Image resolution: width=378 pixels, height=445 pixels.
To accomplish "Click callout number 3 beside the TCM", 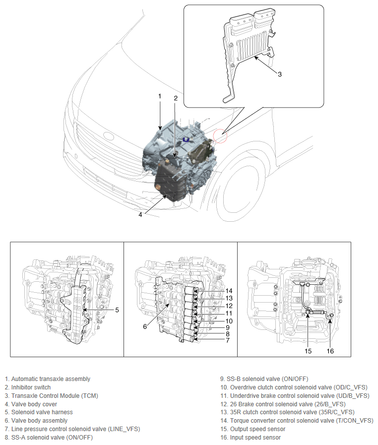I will coord(280,74).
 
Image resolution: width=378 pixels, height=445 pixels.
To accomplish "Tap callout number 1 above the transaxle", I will coord(160,96).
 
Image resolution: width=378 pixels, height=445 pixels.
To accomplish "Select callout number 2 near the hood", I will coord(175,98).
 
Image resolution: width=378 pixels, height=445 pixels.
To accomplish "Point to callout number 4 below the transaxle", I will coord(141,215).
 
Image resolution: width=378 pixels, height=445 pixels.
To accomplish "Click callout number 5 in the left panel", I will coord(117,310).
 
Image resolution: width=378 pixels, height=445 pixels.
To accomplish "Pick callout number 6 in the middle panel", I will coord(145,326).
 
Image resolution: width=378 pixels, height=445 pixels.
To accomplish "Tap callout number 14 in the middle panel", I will coord(229,291).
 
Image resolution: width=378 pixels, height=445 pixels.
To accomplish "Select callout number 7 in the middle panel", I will coord(227,341).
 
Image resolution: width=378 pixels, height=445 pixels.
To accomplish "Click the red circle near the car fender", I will coord(220,135).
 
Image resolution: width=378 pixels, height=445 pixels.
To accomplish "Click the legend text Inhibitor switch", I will coord(31,387).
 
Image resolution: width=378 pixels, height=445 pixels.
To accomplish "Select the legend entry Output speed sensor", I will coord(257,429).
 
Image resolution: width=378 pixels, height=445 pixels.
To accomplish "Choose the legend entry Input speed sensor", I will coord(255,438).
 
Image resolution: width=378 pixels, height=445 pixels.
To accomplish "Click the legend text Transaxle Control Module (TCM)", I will coord(55,395).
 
